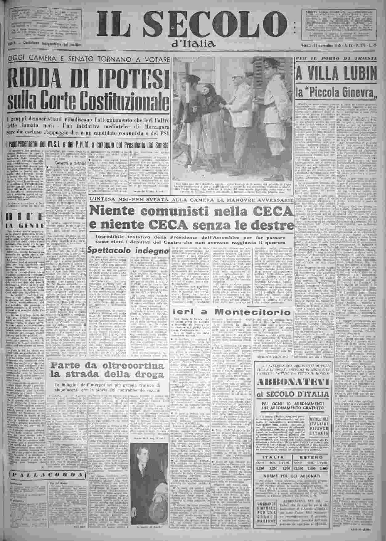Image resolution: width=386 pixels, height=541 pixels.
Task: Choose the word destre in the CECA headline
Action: [265, 225]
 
